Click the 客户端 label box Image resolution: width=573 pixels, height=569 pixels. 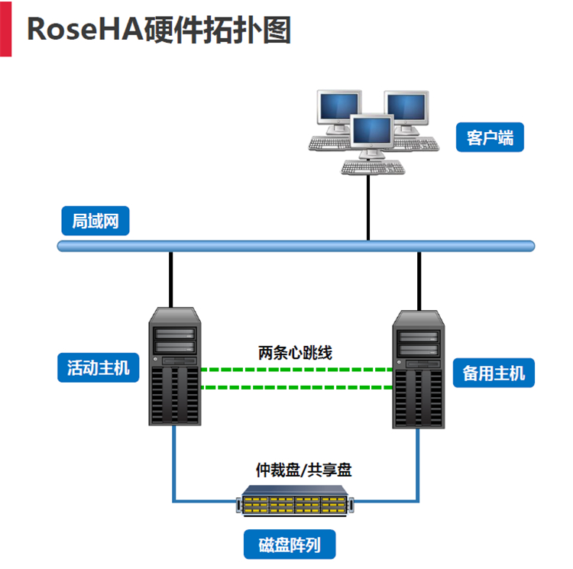click(490, 138)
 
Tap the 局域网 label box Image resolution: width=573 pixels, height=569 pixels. click(95, 221)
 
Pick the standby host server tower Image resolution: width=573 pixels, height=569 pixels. click(418, 370)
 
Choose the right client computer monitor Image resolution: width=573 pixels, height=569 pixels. click(406, 112)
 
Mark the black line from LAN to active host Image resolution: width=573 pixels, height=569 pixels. click(170, 279)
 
